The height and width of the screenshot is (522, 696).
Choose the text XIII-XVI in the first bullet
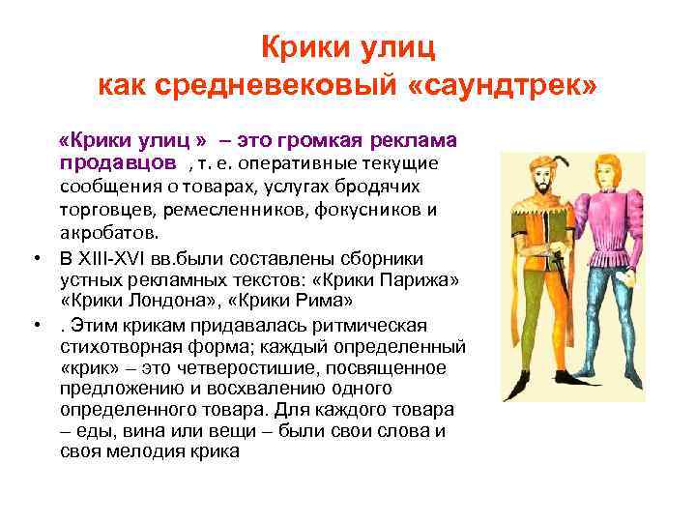click(121, 257)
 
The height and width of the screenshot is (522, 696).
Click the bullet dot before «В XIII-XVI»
click(35, 258)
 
